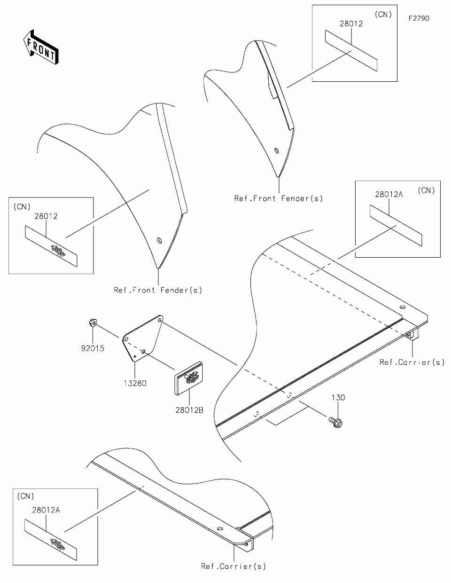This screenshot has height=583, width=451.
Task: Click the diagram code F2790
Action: point(419,19)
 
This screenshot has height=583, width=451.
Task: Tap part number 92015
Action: point(92,348)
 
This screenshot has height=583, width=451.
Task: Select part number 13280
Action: point(135,383)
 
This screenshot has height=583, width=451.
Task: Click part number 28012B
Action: point(190,410)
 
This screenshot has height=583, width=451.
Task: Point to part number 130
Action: point(338,398)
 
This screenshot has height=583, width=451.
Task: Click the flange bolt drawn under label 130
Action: point(336,421)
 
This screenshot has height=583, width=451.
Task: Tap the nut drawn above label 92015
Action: point(93,323)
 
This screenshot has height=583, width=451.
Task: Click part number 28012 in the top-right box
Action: point(351,24)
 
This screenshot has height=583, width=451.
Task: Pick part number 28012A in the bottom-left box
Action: point(46,510)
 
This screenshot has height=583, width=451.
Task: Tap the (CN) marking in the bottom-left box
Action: point(25,496)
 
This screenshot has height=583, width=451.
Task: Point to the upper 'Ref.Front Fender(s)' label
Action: point(279,198)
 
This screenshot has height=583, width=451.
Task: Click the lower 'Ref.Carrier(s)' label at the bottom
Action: point(233,566)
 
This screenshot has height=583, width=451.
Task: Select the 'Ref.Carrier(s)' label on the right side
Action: point(412,362)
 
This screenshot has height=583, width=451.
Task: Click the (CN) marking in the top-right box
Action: point(383,15)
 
